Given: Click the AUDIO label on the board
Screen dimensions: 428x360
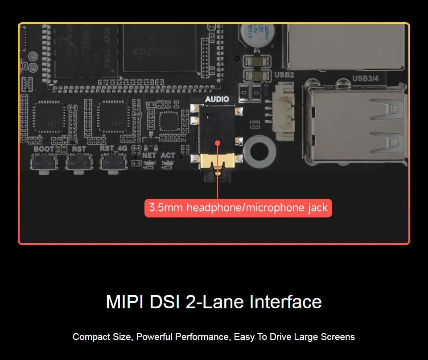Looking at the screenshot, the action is [x=217, y=99].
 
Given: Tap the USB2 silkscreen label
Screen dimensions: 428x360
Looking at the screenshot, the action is [x=284, y=75].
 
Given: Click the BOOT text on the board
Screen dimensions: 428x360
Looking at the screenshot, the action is [x=44, y=149].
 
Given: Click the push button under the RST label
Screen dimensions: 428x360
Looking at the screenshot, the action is [x=79, y=162].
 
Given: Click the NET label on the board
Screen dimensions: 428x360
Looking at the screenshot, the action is [x=149, y=155].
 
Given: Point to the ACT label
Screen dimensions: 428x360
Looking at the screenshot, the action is [x=168, y=155].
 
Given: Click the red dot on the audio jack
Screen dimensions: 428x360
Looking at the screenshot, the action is [x=218, y=143].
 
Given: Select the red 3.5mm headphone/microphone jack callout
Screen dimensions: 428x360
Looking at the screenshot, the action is [x=238, y=208].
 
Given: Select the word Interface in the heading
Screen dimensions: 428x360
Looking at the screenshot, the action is [x=285, y=302].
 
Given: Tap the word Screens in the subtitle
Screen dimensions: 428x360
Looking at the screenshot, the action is [x=337, y=337].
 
